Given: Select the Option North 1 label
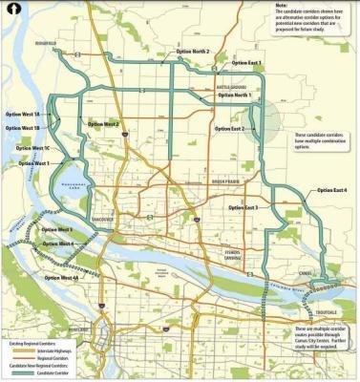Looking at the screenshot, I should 229,95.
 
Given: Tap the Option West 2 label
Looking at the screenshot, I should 101,124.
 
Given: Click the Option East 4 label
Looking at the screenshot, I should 331,191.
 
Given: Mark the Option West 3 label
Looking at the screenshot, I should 62,230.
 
